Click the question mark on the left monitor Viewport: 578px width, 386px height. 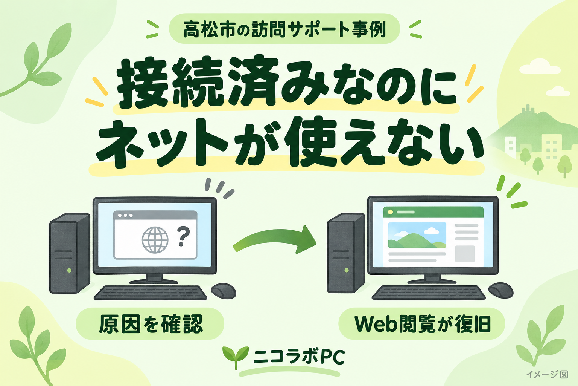point(184,236)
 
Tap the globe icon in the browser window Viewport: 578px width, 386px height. point(155,240)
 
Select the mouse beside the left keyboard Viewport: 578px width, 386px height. point(224,291)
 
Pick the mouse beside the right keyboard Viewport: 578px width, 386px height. point(501,290)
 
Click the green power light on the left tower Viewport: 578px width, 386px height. point(69,270)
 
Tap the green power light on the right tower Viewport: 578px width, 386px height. point(347,270)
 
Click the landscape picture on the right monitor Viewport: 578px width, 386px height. point(417,235)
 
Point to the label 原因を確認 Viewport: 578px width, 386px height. point(151,324)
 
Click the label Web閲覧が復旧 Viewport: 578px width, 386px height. point(423,324)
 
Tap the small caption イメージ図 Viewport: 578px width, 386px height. point(547,374)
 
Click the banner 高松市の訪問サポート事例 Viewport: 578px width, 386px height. point(284,29)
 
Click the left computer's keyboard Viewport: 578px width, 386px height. point(151,293)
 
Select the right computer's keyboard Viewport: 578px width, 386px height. point(428,292)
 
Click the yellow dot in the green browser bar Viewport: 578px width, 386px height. point(390,212)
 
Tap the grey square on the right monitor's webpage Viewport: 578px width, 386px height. point(465,254)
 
